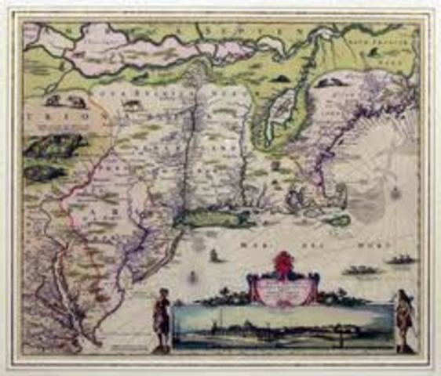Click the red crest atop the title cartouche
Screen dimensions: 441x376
pos(282,262)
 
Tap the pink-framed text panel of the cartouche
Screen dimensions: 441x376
pos(282,287)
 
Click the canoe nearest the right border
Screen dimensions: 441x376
pos(403,259)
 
